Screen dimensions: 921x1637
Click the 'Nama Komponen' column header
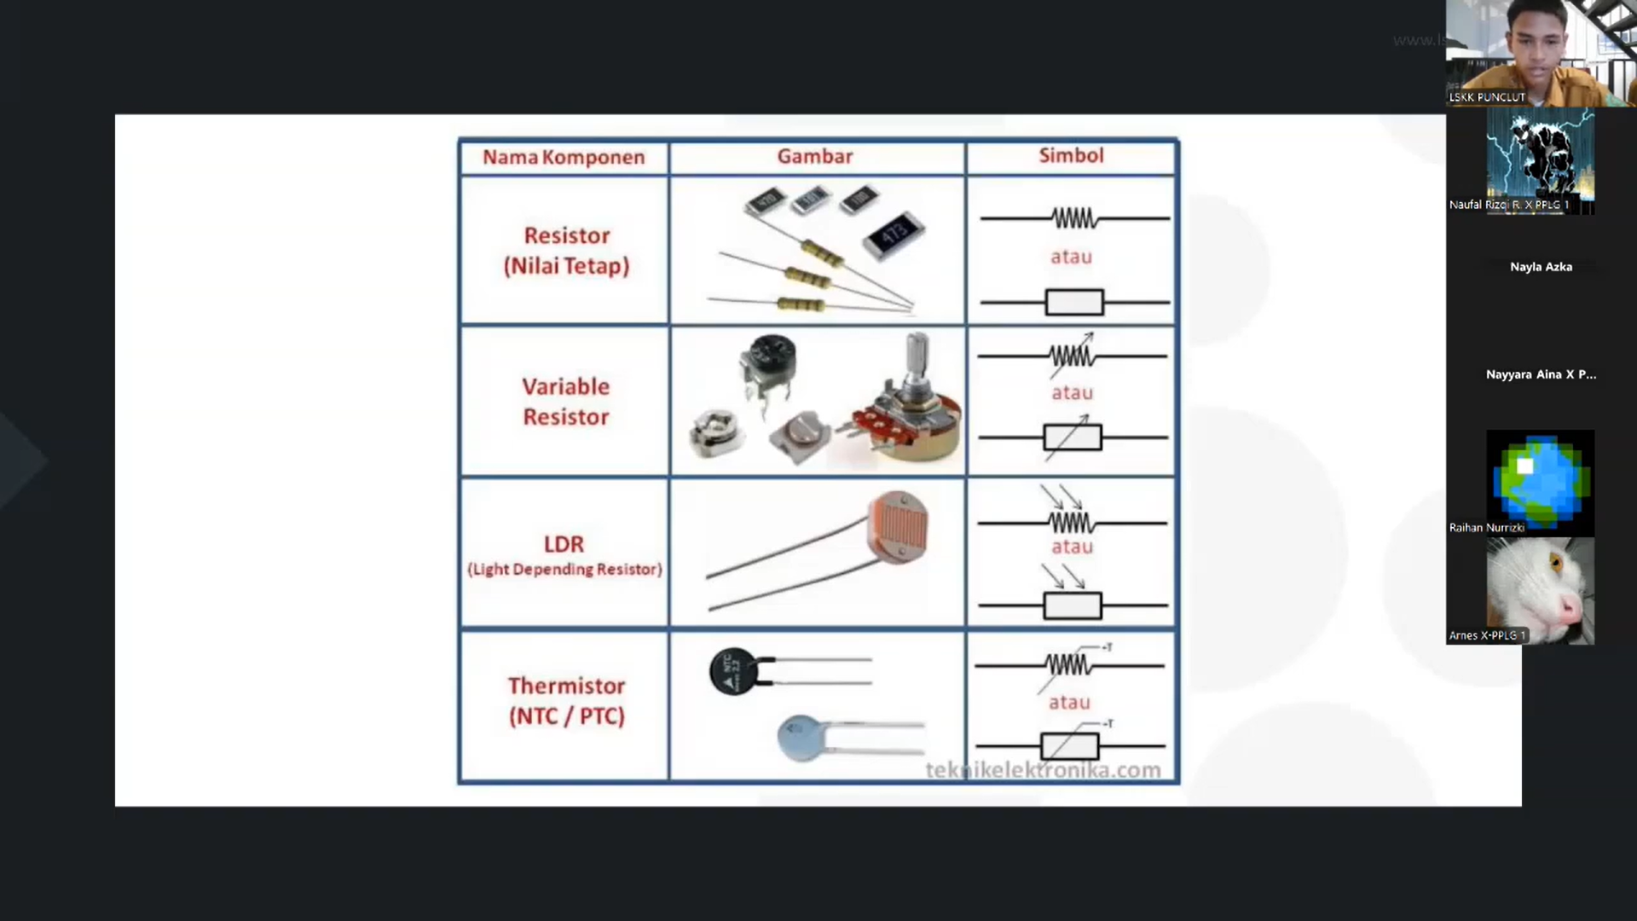tap(564, 157)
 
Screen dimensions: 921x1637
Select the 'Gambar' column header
tap(814, 156)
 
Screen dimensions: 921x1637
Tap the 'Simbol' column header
tap(1071, 155)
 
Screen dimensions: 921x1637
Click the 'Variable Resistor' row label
tap(566, 402)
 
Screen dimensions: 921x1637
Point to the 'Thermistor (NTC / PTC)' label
tap(567, 700)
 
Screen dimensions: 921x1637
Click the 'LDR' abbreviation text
tap(564, 544)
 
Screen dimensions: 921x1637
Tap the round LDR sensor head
tap(898, 526)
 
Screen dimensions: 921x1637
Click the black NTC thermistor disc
tap(733, 671)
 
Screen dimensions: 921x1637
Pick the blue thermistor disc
tap(801, 737)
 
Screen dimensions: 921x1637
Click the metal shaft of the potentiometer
tap(916, 357)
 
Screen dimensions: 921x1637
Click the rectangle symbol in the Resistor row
tap(1074, 302)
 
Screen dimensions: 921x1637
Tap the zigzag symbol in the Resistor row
tap(1074, 219)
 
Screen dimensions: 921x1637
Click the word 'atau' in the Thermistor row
tap(1069, 702)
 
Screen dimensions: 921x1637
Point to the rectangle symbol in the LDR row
tap(1073, 605)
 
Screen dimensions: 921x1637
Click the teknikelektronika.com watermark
tap(1043, 770)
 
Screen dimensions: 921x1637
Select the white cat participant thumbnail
tap(1540, 590)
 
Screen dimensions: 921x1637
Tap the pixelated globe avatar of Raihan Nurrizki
tap(1540, 480)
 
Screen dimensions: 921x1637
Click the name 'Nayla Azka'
tap(1541, 267)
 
